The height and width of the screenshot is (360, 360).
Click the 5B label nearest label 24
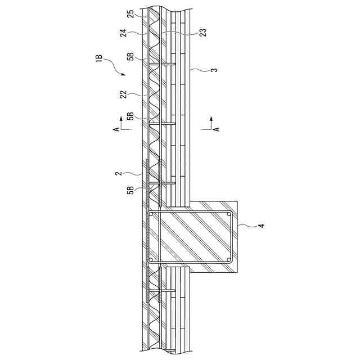coord(130,56)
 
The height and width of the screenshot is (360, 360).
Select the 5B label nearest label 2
coord(130,190)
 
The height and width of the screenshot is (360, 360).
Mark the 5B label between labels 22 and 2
coord(130,116)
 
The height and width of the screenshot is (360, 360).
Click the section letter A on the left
coord(116,129)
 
